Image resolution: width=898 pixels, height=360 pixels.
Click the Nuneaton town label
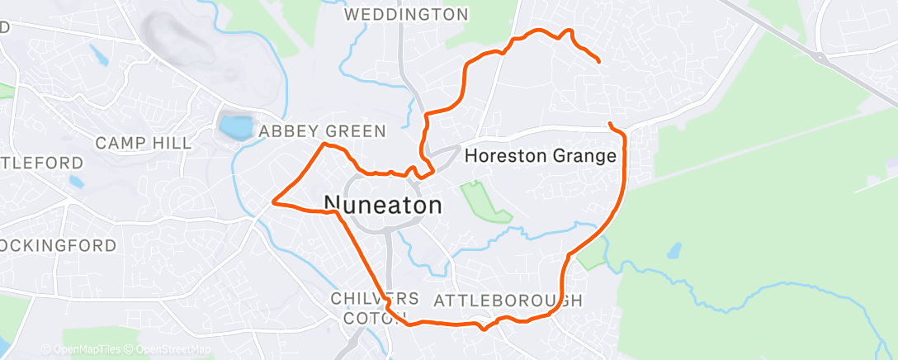[x=383, y=206]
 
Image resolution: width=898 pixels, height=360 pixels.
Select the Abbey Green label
[x=322, y=131]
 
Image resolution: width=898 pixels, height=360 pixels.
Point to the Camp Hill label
[x=143, y=143]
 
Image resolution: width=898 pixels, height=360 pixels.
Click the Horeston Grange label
[x=541, y=155]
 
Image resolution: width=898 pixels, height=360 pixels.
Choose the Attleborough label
[x=508, y=299]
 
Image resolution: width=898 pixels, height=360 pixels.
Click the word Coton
[x=365, y=318]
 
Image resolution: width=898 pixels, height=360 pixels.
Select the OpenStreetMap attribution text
[x=173, y=349]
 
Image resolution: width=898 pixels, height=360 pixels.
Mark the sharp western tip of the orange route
[x=273, y=200]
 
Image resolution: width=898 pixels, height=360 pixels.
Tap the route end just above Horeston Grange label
[x=610, y=124]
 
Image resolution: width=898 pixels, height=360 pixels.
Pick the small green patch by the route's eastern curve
[x=591, y=258]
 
